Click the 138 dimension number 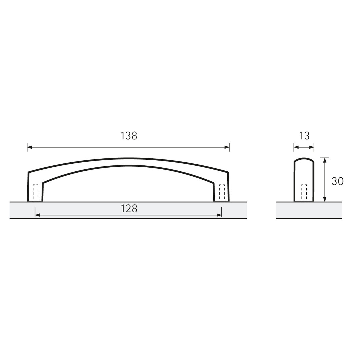[129, 136]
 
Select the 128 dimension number [129, 209]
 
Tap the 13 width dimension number [304, 136]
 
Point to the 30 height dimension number [337, 181]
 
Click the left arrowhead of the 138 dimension [29, 147]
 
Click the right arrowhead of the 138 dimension [227, 147]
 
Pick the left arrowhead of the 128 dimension [37, 215]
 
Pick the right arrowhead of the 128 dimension [219, 215]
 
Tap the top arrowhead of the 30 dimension [325, 160]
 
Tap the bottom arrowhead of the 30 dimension [325, 199]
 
